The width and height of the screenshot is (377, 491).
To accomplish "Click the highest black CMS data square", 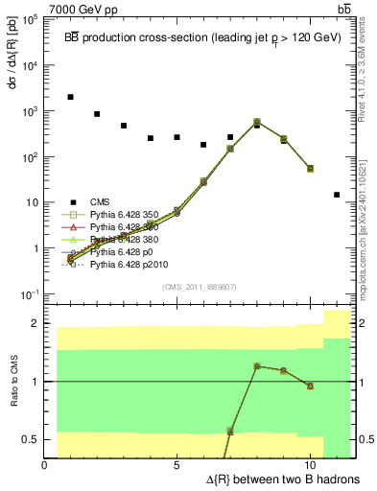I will pyautogui.click(x=70, y=97).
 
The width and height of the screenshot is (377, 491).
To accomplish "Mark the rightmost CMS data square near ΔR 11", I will pyautogui.click(x=337, y=195).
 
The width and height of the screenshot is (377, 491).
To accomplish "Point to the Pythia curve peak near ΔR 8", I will pyautogui.click(x=257, y=122).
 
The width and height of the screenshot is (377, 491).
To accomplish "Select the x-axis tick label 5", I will pyautogui.click(x=177, y=465).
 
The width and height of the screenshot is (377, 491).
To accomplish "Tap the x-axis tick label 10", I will pyautogui.click(x=310, y=465).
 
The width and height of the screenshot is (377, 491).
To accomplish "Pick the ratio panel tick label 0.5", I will pyautogui.click(x=30, y=439).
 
